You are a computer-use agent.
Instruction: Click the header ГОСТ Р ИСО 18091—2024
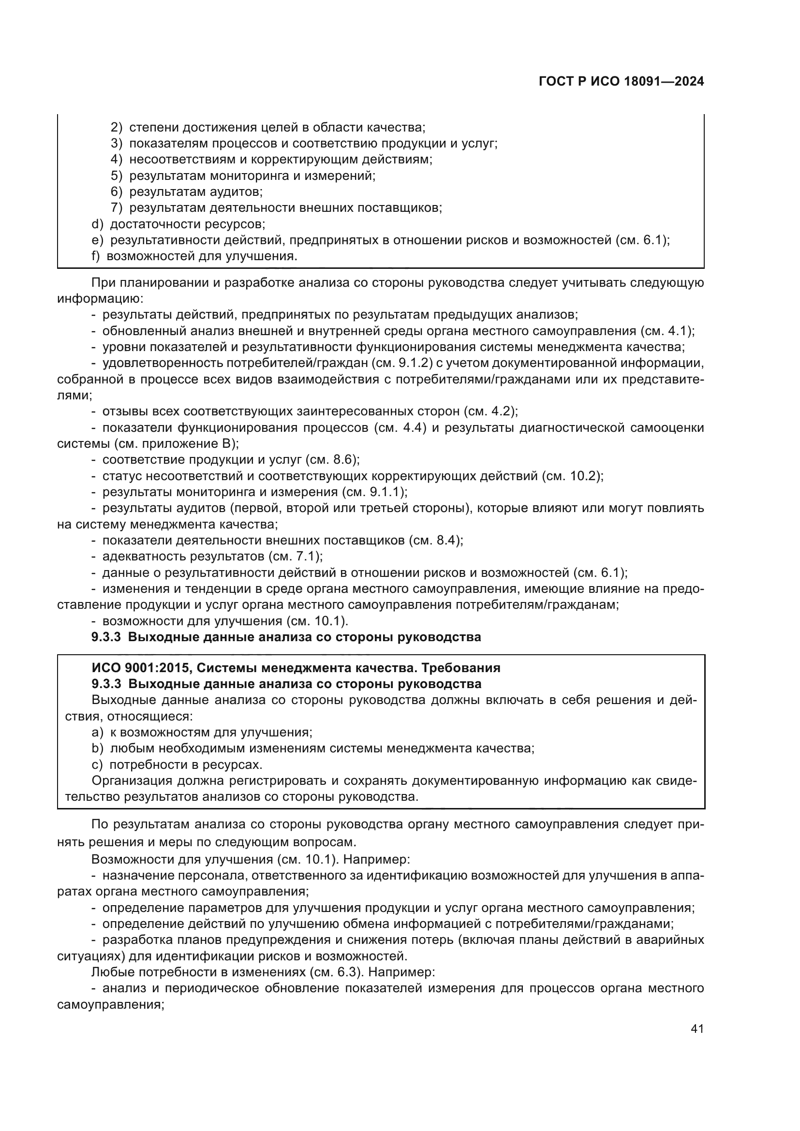(x=621, y=81)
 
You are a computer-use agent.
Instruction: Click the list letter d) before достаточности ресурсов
(x=98, y=224)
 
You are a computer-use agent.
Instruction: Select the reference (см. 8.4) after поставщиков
(x=436, y=541)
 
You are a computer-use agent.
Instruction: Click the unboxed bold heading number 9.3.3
(x=106, y=637)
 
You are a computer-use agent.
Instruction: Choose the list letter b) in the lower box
(x=98, y=748)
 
